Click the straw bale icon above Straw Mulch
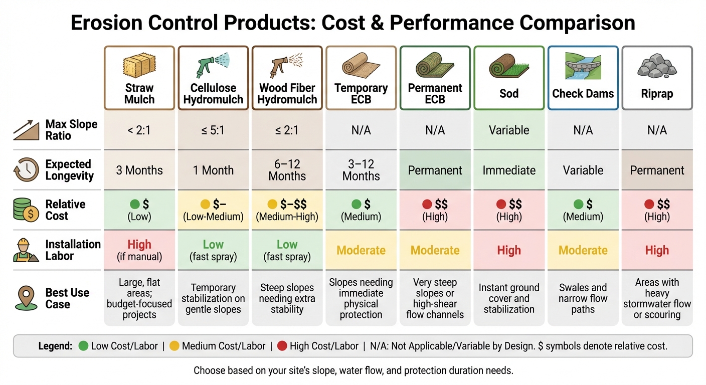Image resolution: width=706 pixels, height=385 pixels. (139, 66)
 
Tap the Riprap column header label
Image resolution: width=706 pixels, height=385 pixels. (657, 94)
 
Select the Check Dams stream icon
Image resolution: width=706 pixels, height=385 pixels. (583, 67)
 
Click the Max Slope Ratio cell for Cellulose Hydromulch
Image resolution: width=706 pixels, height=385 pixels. (213, 130)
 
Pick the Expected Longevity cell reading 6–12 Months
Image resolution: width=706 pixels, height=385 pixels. (287, 170)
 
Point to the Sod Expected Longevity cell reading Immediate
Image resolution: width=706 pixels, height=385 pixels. (509, 170)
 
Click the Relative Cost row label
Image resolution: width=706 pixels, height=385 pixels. (65, 210)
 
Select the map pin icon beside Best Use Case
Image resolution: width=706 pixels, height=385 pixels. (26, 298)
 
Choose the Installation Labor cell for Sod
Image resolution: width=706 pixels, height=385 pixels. (509, 250)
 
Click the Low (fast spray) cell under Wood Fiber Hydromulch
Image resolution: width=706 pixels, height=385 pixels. (287, 250)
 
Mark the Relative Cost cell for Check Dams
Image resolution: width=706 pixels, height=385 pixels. (583, 210)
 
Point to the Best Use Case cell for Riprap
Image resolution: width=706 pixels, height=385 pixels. (657, 298)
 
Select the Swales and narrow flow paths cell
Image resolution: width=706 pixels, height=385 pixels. (583, 298)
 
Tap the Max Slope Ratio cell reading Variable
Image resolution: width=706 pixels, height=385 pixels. (509, 130)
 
